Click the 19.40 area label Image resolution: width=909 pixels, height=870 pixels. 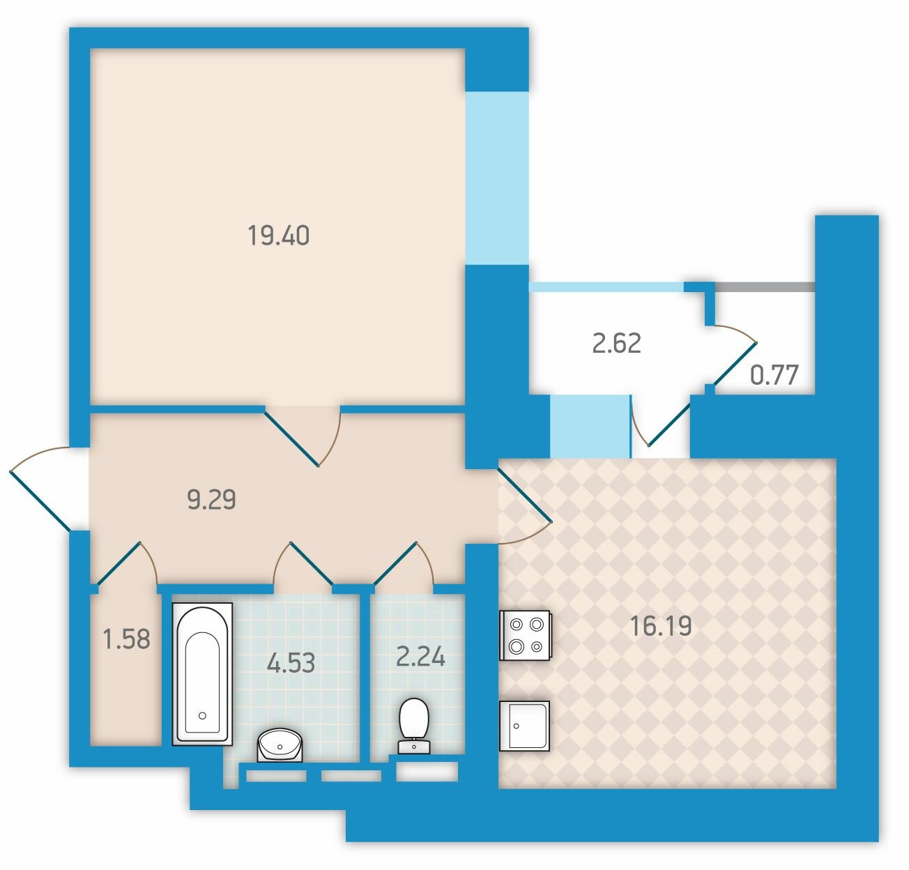278,235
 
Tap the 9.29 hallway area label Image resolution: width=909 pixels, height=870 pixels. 211,499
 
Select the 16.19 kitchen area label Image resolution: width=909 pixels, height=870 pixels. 661,625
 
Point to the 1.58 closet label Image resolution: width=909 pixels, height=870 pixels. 127,639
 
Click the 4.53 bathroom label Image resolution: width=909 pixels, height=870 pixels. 291,662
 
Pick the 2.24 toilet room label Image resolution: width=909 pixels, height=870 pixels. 420,656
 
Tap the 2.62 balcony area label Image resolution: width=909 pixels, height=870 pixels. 617,343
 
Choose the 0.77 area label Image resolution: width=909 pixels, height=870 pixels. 774,375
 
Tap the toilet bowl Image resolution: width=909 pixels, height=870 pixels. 414,726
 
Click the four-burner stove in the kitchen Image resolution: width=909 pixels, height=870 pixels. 525,635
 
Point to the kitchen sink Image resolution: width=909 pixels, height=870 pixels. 524,726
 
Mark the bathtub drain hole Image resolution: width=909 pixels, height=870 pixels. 202,715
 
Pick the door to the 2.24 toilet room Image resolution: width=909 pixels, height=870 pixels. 404,563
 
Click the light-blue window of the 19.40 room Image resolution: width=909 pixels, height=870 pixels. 498,178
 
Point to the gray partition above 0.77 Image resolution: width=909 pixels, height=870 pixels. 765,287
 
